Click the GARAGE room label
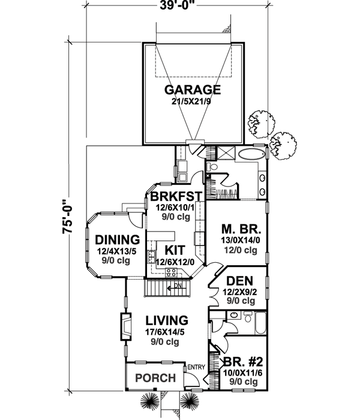click(193, 90)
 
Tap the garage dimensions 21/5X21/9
click(193, 101)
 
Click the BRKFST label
click(175, 197)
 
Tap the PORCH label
click(155, 379)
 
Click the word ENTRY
click(197, 367)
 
